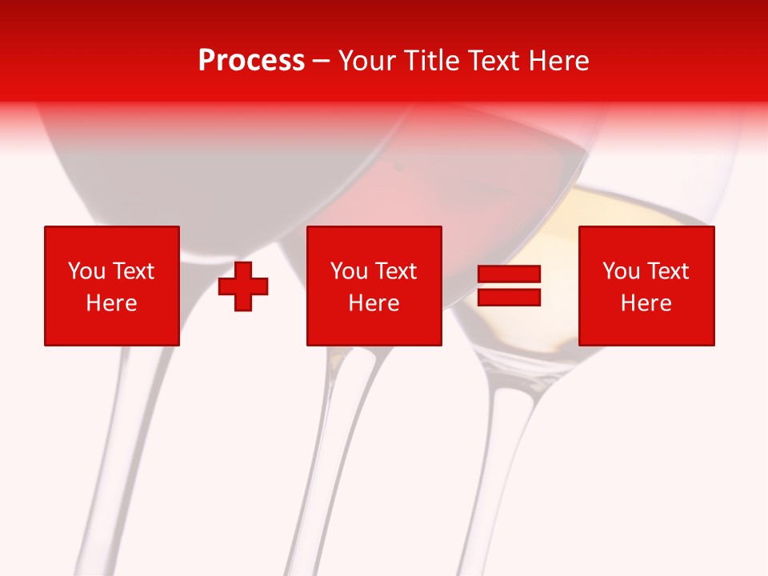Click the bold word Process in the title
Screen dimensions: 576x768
pos(251,61)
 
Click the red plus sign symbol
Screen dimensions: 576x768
pos(243,286)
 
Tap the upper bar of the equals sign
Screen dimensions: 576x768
pos(509,274)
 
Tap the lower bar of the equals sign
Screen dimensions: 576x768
pos(509,297)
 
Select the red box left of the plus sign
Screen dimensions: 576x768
pos(111,286)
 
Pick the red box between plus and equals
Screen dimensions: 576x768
pos(374,286)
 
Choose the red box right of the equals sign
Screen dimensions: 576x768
pos(646,286)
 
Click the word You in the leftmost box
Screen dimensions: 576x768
pos(86,271)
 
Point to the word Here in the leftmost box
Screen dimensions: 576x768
pos(111,303)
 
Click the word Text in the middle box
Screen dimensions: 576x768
pos(395,271)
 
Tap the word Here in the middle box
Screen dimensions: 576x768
pos(374,303)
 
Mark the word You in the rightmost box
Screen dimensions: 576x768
pos(621,271)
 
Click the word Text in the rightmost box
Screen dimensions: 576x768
pos(667,271)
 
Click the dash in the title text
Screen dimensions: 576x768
pos(322,61)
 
